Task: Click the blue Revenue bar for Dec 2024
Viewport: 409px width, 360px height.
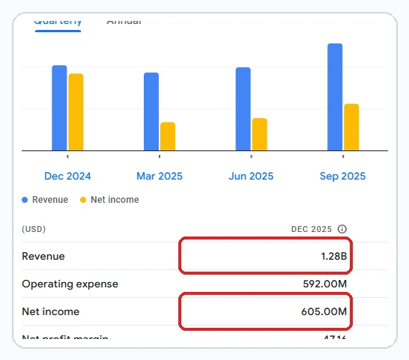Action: [x=59, y=108]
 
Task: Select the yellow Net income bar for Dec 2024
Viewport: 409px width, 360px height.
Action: [x=76, y=112]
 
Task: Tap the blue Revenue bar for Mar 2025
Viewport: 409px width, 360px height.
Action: [x=151, y=112]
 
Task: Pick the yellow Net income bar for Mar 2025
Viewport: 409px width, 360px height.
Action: [x=168, y=136]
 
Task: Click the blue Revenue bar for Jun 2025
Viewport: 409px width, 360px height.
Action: [x=243, y=109]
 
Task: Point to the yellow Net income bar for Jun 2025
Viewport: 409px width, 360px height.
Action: [x=259, y=134]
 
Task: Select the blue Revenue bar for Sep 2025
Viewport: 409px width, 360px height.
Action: [x=335, y=97]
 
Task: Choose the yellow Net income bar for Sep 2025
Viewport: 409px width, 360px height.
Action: [x=351, y=127]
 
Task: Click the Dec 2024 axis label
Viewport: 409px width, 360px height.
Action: [x=67, y=177]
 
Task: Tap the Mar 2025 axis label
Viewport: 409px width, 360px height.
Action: [x=160, y=177]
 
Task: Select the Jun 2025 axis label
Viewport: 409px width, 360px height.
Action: [x=251, y=177]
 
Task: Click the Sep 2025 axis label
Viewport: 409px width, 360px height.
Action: [x=343, y=177]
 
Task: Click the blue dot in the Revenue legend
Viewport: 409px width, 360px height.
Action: [x=25, y=200]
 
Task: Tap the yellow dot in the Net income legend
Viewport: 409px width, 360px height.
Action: [x=83, y=200]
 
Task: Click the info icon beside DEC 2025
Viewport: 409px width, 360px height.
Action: [x=342, y=229]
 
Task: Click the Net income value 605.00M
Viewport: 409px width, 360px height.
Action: [x=324, y=311]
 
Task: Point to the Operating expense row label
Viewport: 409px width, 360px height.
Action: [x=70, y=284]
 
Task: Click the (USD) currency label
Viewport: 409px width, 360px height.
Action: [x=34, y=229]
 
